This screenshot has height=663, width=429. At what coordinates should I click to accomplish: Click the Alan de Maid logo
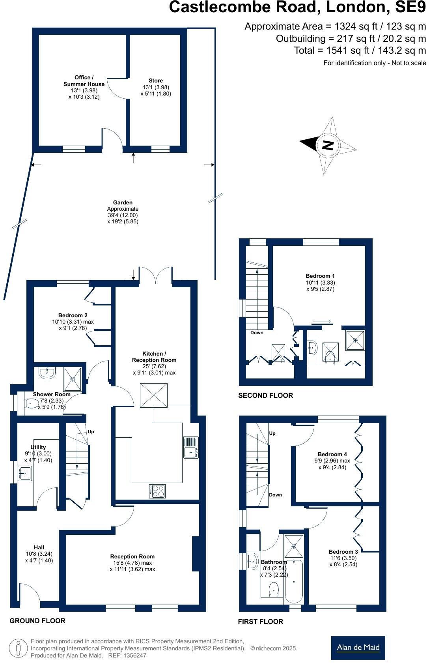(x=358, y=647)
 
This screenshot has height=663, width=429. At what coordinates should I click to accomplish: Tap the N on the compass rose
(x=328, y=145)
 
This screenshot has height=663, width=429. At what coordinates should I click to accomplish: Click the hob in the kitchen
(x=157, y=491)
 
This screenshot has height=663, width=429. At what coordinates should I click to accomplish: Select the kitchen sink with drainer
(x=191, y=447)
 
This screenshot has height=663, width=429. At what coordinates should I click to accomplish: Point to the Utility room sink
(x=25, y=472)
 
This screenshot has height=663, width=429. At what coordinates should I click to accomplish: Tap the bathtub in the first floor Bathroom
(x=294, y=580)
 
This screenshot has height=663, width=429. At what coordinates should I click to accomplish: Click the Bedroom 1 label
(x=320, y=276)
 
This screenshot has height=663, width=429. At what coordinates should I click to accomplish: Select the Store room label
(x=156, y=81)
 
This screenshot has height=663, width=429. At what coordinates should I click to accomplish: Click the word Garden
(x=123, y=202)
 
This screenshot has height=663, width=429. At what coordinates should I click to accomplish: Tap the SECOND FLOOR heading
(x=265, y=395)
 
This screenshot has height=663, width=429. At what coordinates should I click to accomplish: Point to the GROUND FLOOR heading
(x=37, y=621)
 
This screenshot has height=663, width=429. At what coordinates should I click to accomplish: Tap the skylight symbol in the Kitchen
(x=154, y=395)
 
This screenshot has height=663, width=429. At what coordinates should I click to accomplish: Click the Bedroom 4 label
(x=332, y=454)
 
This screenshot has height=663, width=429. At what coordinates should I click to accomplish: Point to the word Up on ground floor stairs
(x=91, y=432)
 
